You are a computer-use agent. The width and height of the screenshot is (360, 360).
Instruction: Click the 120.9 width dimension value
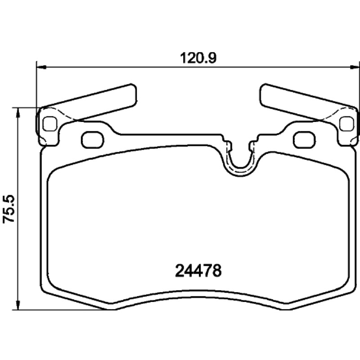click(198, 58)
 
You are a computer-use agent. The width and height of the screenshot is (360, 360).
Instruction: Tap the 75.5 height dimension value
click(9, 208)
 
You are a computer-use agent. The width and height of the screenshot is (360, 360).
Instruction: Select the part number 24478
click(198, 271)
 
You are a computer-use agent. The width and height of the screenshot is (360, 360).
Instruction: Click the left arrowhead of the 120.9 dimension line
click(41, 67)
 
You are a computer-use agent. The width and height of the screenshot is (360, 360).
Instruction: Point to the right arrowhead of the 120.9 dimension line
click(355, 67)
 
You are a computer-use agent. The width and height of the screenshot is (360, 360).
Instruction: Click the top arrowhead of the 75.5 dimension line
click(18, 112)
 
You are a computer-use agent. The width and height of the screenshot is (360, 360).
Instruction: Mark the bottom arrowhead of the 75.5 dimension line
click(18, 305)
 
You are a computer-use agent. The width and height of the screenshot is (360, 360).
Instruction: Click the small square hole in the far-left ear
click(50, 124)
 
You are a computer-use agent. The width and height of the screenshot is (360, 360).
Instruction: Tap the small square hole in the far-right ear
click(346, 124)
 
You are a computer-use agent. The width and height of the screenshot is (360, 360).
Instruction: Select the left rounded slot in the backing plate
click(93, 139)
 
